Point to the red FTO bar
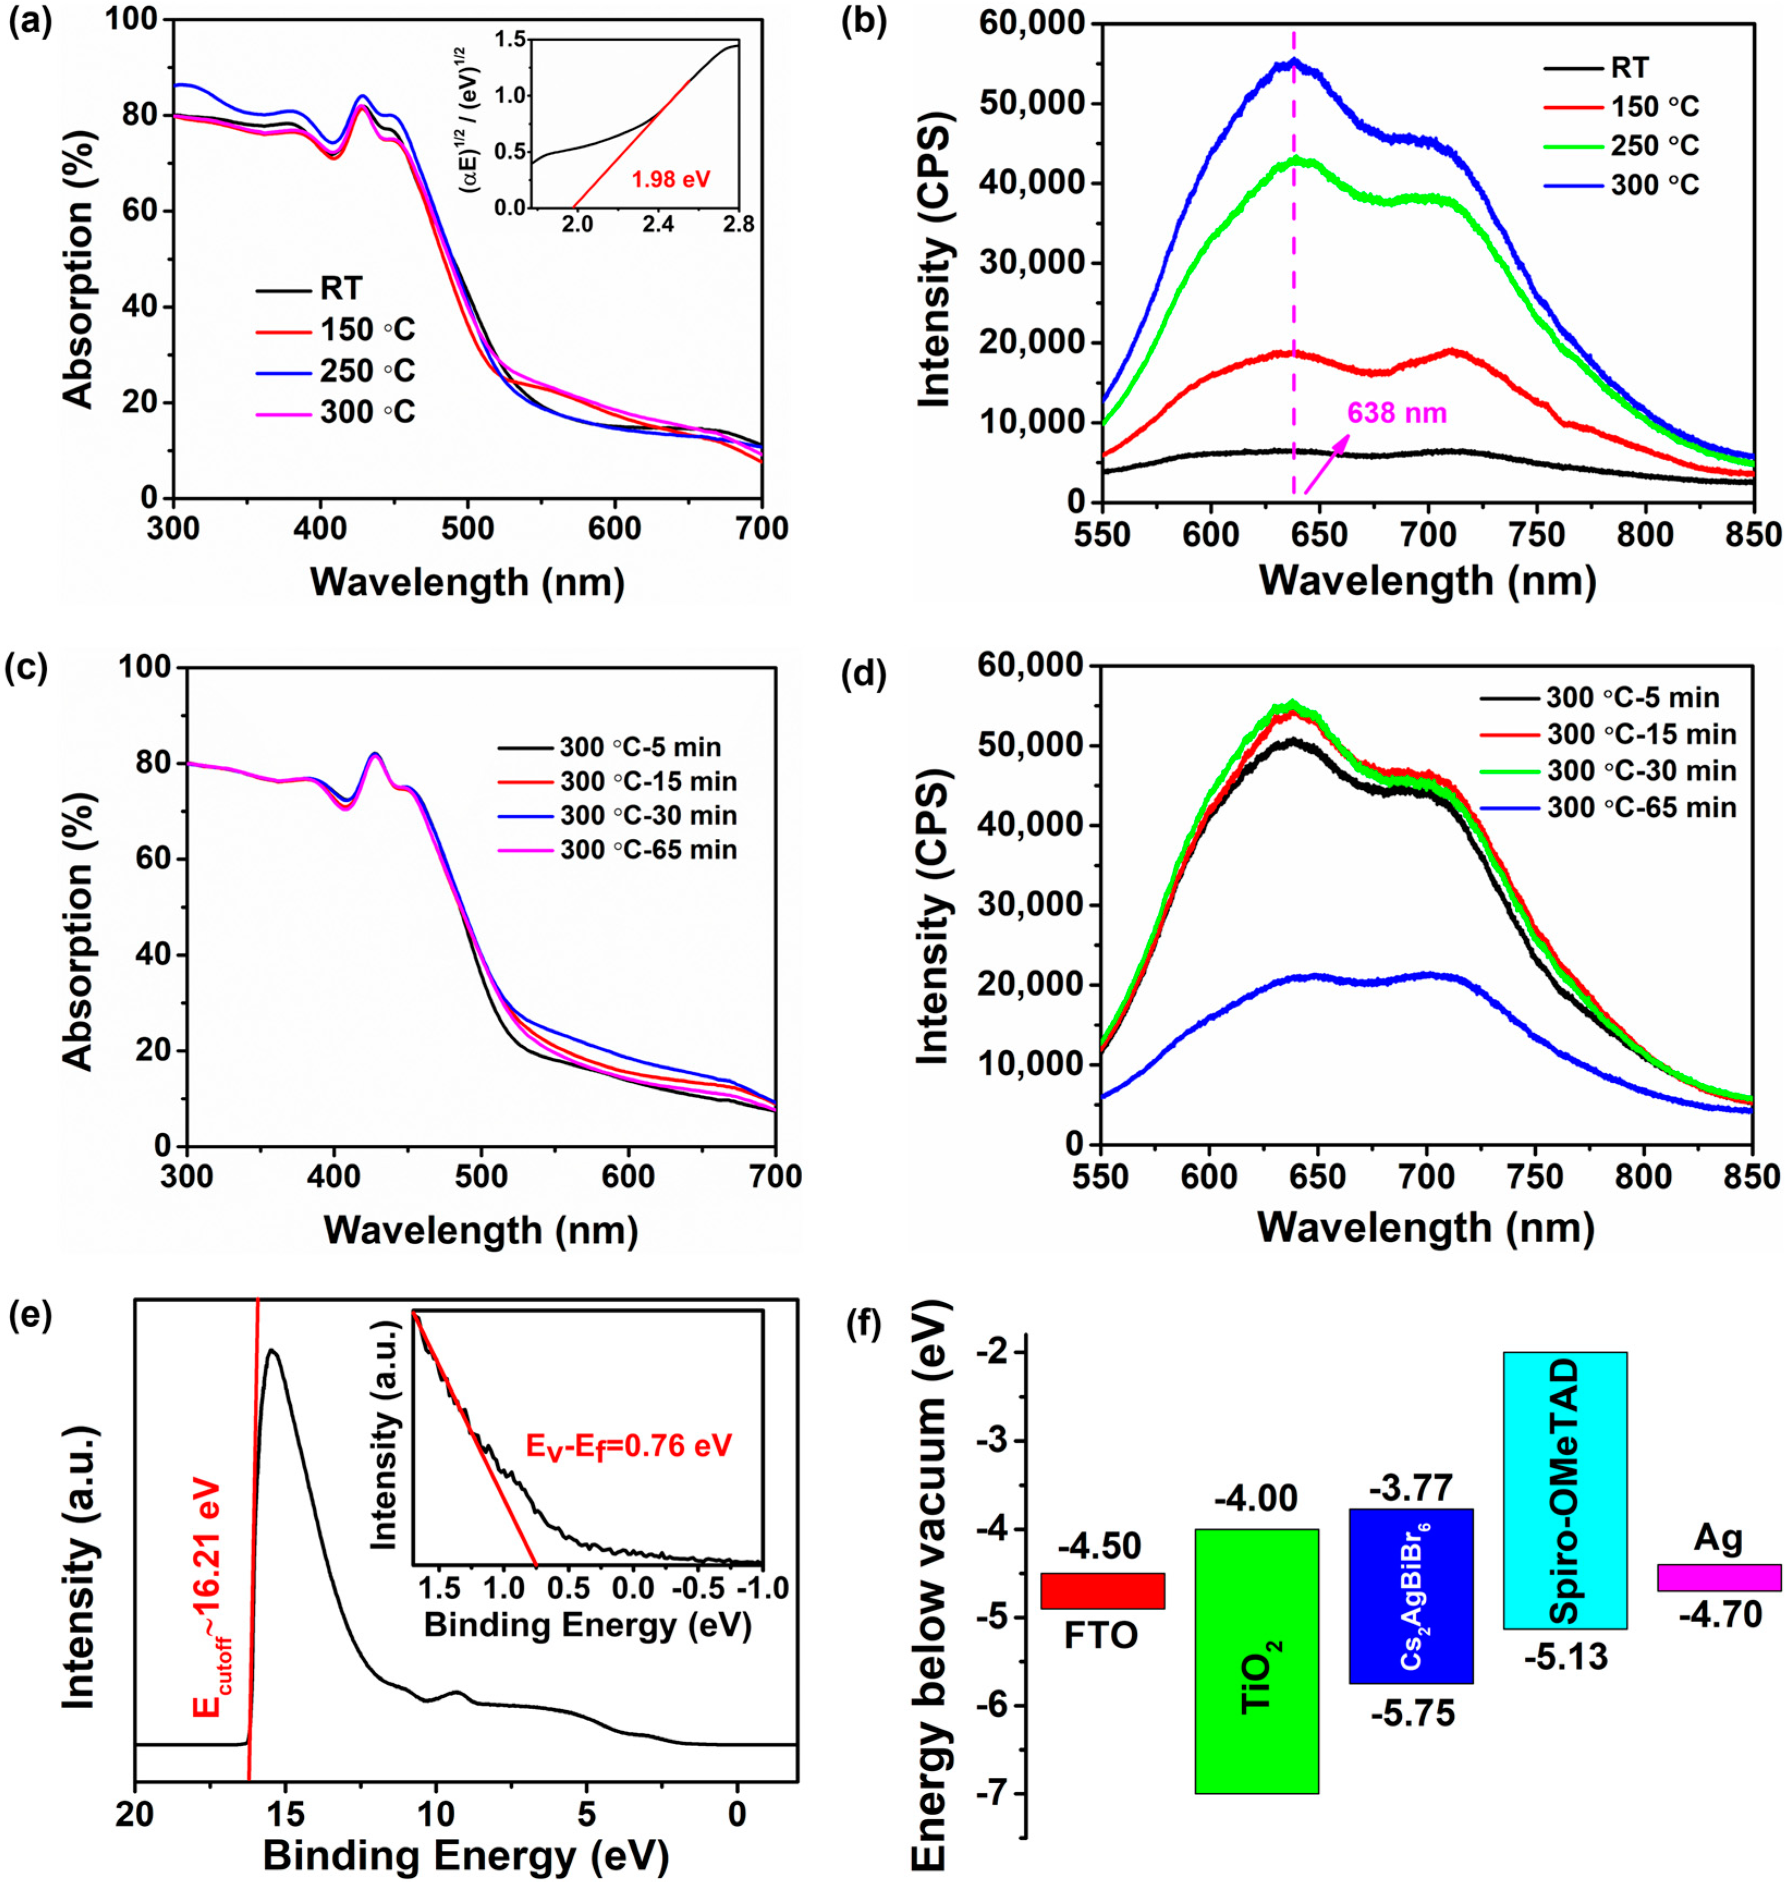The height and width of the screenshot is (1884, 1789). coord(1102,1591)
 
